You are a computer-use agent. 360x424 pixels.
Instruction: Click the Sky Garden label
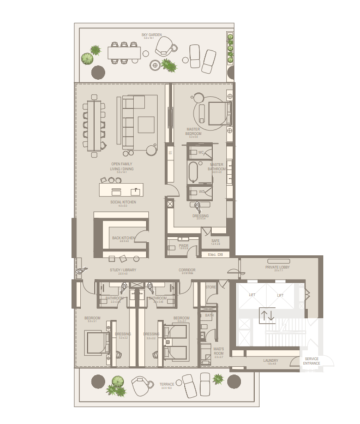(152, 35)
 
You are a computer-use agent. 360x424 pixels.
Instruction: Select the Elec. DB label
(216, 255)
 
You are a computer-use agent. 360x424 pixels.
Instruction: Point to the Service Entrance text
(311, 361)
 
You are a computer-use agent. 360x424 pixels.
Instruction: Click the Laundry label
(270, 361)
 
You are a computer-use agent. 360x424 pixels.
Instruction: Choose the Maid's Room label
(219, 351)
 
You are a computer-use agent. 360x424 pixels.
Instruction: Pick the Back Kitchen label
(121, 238)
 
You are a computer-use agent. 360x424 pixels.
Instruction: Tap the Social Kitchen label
(123, 202)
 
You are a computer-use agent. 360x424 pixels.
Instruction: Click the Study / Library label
(123, 270)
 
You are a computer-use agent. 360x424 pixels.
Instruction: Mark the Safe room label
(215, 240)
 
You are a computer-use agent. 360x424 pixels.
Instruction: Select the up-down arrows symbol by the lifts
(267, 315)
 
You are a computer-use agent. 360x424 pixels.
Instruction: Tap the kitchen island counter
(121, 190)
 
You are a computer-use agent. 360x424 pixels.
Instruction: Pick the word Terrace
(167, 384)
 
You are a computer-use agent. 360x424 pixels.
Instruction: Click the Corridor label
(187, 270)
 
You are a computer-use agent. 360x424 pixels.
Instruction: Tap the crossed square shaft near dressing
(171, 203)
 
